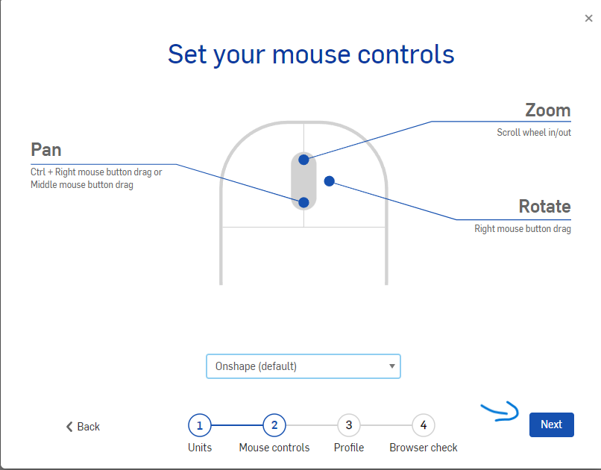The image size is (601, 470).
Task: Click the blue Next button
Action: click(x=552, y=424)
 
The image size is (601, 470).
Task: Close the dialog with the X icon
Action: click(x=589, y=18)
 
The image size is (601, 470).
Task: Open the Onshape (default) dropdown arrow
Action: click(x=391, y=366)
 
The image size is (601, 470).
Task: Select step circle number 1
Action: click(x=200, y=425)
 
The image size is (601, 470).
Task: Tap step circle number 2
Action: click(x=274, y=425)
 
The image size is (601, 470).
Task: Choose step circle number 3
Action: click(x=349, y=425)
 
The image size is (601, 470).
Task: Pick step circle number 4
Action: click(x=424, y=425)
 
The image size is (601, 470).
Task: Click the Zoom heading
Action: click(x=548, y=110)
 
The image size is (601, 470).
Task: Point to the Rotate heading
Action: click(x=544, y=206)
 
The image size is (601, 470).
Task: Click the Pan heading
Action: click(x=46, y=150)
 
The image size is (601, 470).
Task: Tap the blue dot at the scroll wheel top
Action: click(x=303, y=160)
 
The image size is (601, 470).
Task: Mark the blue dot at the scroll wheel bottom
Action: click(x=303, y=202)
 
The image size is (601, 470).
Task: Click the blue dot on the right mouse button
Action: click(x=330, y=181)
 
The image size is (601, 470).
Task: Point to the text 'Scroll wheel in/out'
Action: click(x=534, y=133)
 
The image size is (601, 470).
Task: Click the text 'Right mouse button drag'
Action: click(x=523, y=229)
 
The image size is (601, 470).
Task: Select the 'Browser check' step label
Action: click(x=424, y=448)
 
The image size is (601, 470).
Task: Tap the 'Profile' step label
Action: click(x=349, y=448)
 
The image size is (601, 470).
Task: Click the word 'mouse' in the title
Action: click(x=311, y=54)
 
